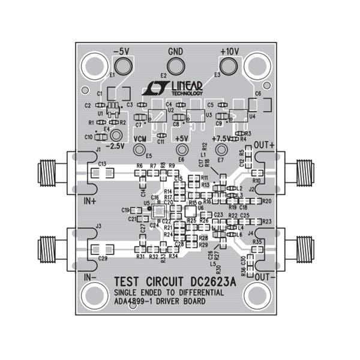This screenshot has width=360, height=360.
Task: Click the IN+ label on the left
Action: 91,200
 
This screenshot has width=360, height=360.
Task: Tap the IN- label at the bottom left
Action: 91,277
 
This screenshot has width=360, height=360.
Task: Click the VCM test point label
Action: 140,139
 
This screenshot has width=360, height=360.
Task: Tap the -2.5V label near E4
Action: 115,146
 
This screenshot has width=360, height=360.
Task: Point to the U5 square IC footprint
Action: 160,211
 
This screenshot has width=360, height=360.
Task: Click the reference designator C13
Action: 102,164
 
